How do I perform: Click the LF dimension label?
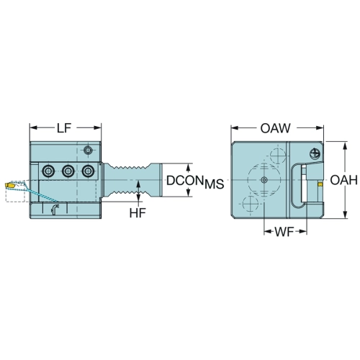[x=64, y=128]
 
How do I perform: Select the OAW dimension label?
[x=276, y=128]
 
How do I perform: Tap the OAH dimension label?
[x=344, y=180]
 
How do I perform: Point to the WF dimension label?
[x=284, y=232]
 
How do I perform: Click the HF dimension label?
[x=138, y=212]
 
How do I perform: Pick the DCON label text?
[x=184, y=181]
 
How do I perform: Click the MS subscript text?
[x=215, y=184]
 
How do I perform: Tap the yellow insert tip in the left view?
[x=9, y=186]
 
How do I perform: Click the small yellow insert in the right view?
[x=320, y=184]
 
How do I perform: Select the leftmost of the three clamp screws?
[x=48, y=171]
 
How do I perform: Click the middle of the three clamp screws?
[x=68, y=171]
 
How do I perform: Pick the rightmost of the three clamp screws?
[x=88, y=171]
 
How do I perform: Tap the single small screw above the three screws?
[x=88, y=150]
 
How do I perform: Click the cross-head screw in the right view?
[x=315, y=153]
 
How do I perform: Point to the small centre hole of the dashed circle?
[x=264, y=179]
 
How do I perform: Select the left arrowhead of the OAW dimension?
[x=234, y=128]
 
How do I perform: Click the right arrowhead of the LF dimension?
[x=98, y=127]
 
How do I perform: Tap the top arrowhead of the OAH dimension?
[x=345, y=145]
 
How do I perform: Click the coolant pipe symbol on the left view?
[x=55, y=210]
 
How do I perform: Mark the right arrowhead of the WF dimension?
[x=303, y=232]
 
